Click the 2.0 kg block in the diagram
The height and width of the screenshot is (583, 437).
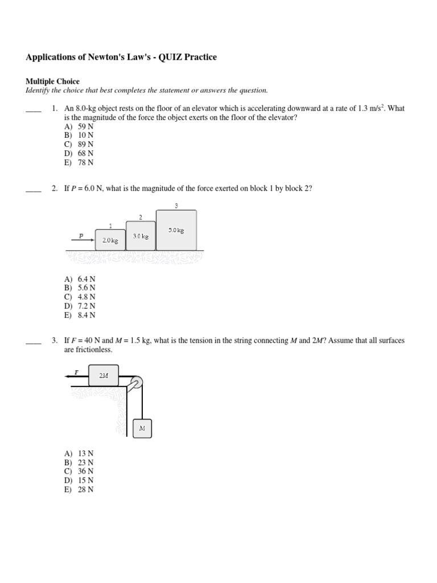(x=110, y=240)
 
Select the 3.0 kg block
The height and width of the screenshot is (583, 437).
(x=141, y=235)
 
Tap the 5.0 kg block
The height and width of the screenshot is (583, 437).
(x=176, y=229)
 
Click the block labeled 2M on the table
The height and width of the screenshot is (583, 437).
(x=103, y=376)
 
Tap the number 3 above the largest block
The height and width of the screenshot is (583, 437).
(x=176, y=206)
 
